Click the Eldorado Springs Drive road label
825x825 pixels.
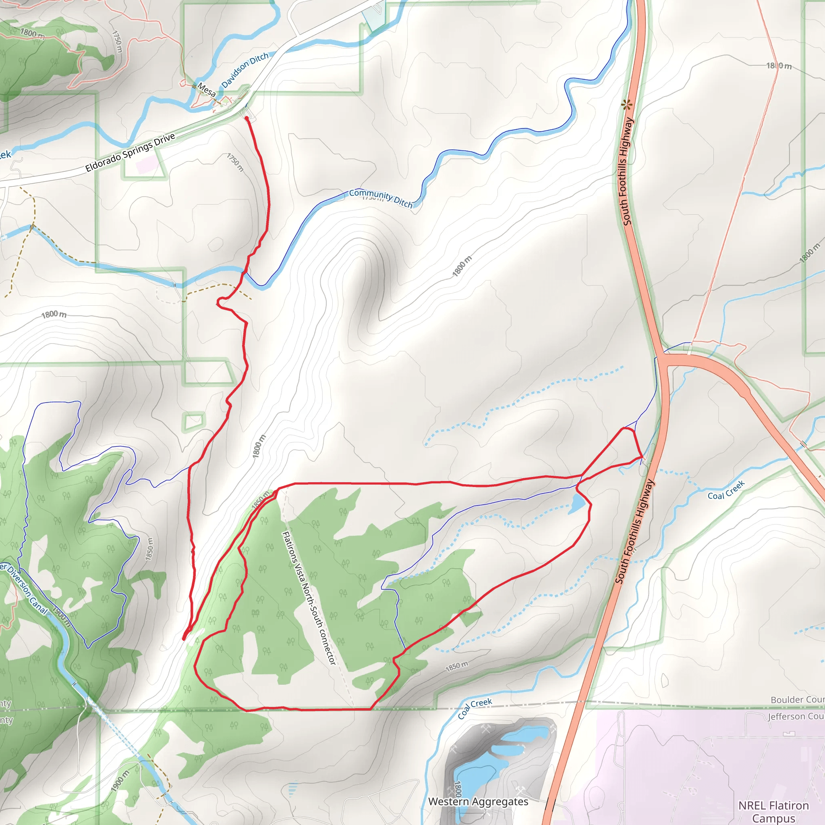click(x=130, y=152)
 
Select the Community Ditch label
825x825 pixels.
click(x=381, y=198)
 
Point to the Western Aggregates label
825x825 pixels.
click(x=478, y=802)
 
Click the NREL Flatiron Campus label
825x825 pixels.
click(x=773, y=811)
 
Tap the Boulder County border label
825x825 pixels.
click(x=797, y=699)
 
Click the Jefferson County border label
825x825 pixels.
click(x=796, y=716)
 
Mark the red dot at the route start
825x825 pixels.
click(x=247, y=118)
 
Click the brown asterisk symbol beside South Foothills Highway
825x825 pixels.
click(x=626, y=104)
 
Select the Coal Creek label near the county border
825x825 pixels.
click(x=475, y=709)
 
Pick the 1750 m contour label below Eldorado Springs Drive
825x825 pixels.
click(x=235, y=162)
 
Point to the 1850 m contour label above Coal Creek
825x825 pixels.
click(x=456, y=666)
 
